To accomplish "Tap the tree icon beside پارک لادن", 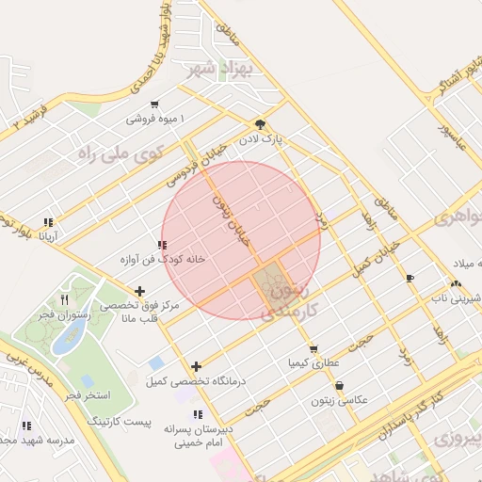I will [x=260, y=124].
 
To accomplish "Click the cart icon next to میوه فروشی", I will [x=154, y=104].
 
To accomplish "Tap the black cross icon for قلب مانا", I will [x=140, y=292].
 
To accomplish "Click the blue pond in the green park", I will [x=65, y=342].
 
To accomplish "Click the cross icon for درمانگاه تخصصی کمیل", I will [x=196, y=366].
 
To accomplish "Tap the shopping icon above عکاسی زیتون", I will [x=339, y=385].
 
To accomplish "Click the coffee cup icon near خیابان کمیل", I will [x=410, y=278].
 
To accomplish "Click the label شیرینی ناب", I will [x=456, y=297].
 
